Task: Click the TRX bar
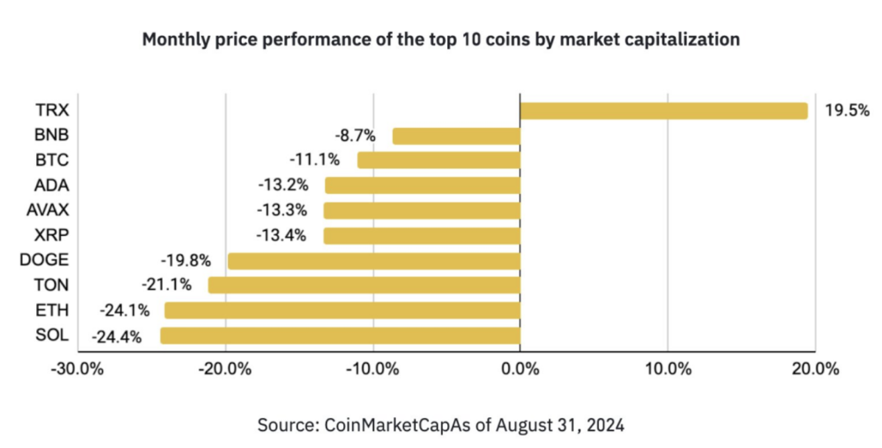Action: coord(664,111)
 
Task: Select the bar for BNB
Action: coord(456,136)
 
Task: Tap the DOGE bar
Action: coord(374,261)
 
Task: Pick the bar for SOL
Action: coord(340,335)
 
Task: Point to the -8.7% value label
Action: coord(355,136)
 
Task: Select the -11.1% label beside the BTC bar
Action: coord(314,161)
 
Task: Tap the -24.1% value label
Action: coord(124,311)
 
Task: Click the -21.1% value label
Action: coord(166,285)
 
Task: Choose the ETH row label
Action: coord(54,310)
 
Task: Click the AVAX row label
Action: coord(48,210)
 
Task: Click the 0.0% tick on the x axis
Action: coord(520,369)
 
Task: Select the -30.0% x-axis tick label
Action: coord(78,369)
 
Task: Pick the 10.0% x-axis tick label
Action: coord(668,369)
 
